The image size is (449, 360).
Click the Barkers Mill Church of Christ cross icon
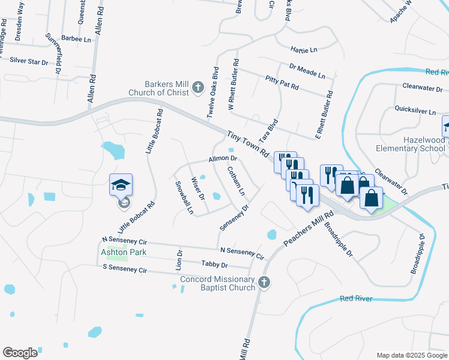[x=197, y=89]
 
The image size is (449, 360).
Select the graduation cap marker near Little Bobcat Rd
[x=120, y=184]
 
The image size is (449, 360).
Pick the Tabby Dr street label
[x=215, y=264]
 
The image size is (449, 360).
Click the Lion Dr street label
[x=179, y=260]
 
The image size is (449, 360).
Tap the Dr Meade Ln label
[x=307, y=71]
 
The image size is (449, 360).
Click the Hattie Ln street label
[x=303, y=49]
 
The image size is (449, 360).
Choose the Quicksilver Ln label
[x=415, y=110]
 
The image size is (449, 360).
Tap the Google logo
[x=20, y=353]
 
